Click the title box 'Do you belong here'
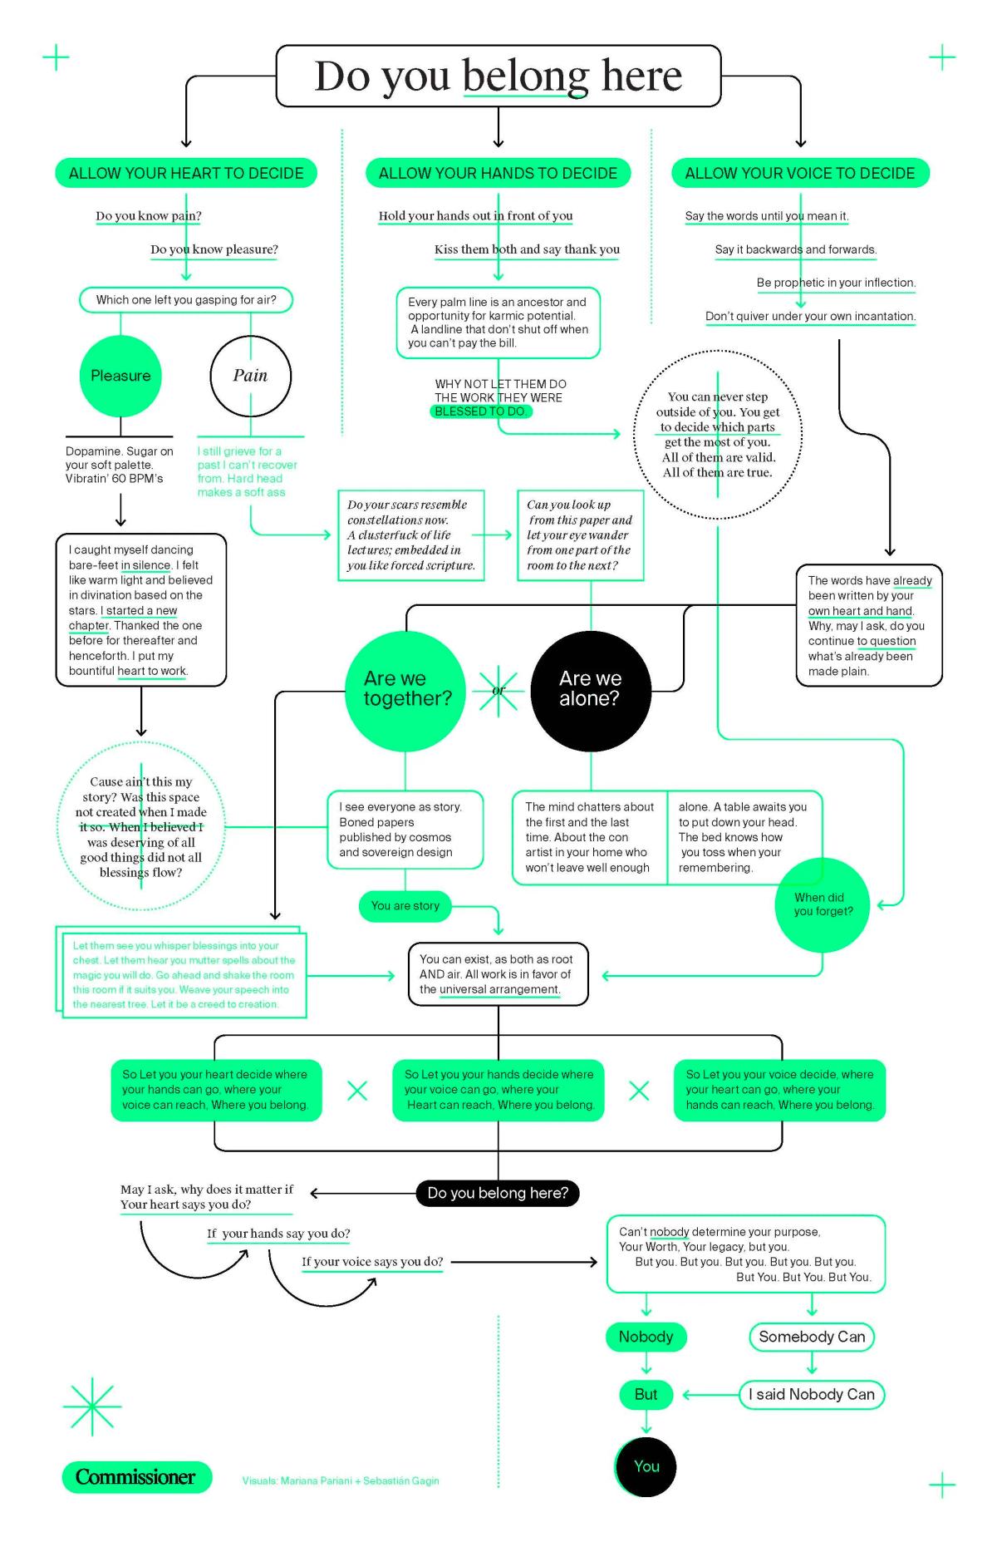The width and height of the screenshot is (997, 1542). pyautogui.click(x=498, y=76)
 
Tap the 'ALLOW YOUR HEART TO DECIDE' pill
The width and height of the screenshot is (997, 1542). pyautogui.click(x=186, y=173)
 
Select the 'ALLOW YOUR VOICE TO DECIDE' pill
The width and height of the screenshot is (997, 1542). pyautogui.click(x=800, y=173)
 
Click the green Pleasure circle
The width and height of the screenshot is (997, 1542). pyautogui.click(x=120, y=376)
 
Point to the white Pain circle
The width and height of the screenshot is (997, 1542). pyautogui.click(x=251, y=376)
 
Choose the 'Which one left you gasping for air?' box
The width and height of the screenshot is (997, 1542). pyautogui.click(x=186, y=299)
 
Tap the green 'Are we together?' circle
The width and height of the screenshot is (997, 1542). pyautogui.click(x=405, y=691)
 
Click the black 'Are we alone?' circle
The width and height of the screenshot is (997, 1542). pyautogui.click(x=591, y=691)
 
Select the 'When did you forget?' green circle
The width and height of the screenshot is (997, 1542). pyautogui.click(x=823, y=904)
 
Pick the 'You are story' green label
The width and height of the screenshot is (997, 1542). pyautogui.click(x=405, y=906)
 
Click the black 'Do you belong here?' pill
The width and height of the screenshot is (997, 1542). pyautogui.click(x=498, y=1193)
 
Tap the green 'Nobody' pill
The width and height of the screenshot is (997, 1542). pyautogui.click(x=646, y=1337)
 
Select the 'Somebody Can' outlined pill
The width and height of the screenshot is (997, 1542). pyautogui.click(x=812, y=1337)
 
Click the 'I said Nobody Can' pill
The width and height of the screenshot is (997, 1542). pyautogui.click(x=812, y=1394)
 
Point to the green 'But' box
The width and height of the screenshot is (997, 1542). pyautogui.click(x=646, y=1394)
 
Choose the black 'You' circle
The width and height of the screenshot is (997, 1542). pyautogui.click(x=646, y=1466)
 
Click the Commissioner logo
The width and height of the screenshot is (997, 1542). pyautogui.click(x=137, y=1477)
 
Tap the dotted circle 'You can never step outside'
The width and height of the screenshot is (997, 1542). pyautogui.click(x=718, y=435)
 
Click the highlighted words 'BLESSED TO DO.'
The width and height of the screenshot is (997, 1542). pyautogui.click(x=481, y=411)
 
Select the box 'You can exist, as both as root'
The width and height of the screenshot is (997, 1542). pyautogui.click(x=498, y=974)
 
